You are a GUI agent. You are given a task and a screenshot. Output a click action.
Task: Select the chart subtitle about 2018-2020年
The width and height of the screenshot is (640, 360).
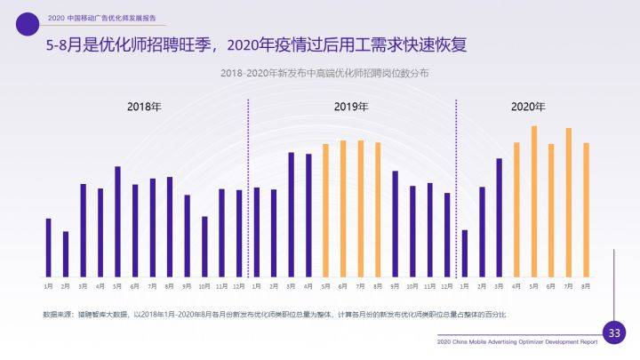pos(324,74)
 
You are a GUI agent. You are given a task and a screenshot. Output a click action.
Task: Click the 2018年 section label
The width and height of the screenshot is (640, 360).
pos(144,107)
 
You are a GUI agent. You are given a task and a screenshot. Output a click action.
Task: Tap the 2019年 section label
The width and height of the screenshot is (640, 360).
pos(351,107)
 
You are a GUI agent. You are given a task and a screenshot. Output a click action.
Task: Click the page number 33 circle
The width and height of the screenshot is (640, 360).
pos(613,333)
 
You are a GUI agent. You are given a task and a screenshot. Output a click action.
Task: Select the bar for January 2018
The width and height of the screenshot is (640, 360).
pos(48,247)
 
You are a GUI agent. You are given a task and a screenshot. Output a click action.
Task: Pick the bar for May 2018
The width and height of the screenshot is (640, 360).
pos(117,221)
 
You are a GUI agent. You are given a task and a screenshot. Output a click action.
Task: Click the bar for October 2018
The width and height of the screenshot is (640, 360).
pos(204,246)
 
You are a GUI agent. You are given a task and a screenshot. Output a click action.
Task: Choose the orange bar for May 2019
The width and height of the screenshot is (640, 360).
pos(326,210)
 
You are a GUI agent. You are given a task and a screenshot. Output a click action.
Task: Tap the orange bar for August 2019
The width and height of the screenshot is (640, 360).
pos(378,209)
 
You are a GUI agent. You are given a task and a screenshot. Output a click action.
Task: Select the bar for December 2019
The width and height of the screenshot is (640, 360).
pos(447,235)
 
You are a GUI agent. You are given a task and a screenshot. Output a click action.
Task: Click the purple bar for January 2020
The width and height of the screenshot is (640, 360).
pos(465,253)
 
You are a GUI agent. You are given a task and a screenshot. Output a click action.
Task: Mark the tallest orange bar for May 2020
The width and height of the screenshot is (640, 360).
pos(534,201)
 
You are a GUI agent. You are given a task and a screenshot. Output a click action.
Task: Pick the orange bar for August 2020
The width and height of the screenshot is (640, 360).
pos(586,209)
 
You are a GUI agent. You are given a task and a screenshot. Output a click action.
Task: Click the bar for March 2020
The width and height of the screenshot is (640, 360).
pos(500,217)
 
